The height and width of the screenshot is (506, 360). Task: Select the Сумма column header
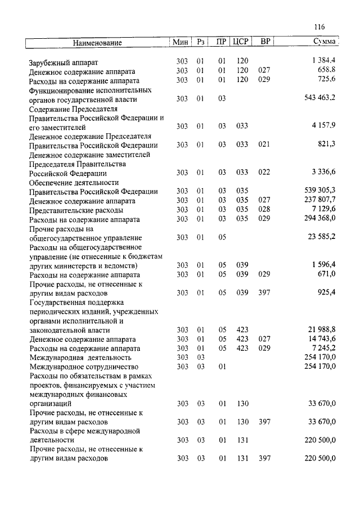pyautogui.click(x=325, y=42)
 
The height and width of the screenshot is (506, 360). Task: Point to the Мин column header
pyautogui.click(x=180, y=42)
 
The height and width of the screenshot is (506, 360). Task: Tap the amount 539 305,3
pyautogui.click(x=319, y=191)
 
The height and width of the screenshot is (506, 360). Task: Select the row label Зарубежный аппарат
pyautogui.click(x=64, y=62)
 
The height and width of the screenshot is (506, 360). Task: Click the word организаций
pyautogui.click(x=50, y=403)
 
